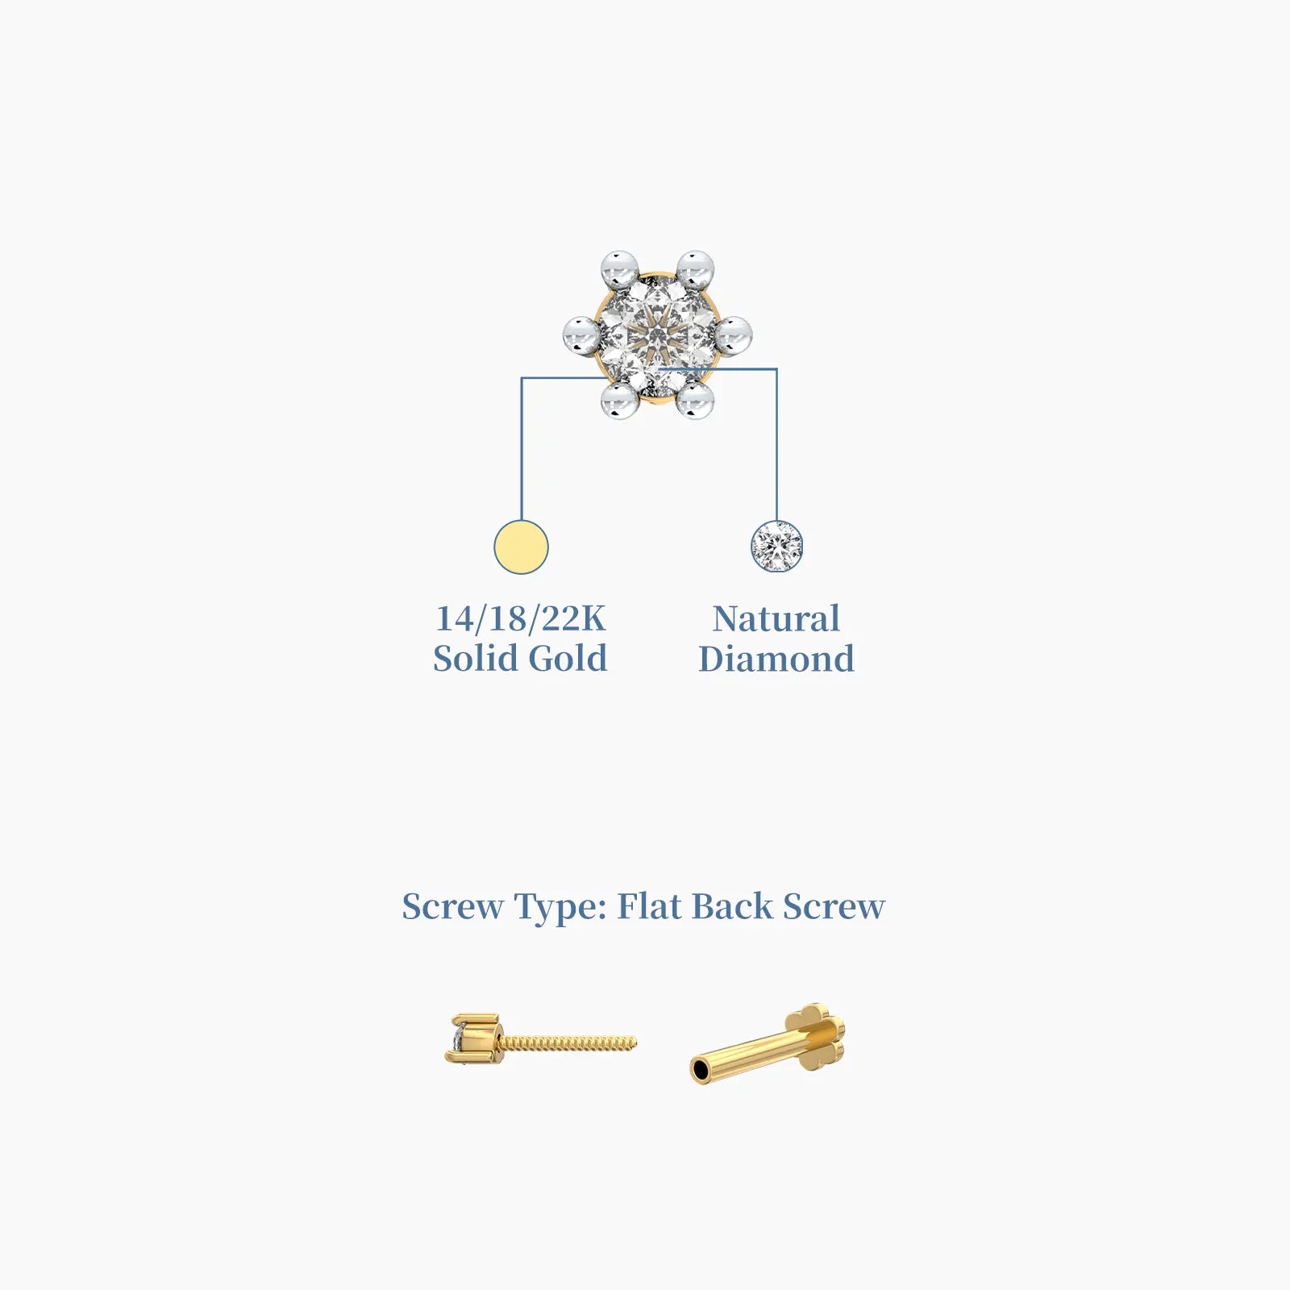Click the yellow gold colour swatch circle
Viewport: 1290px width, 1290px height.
point(521,547)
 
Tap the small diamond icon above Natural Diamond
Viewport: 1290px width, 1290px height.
point(776,547)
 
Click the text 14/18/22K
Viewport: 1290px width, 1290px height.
point(520,619)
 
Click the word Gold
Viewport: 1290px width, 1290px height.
point(568,659)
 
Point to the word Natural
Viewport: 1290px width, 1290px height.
point(776,619)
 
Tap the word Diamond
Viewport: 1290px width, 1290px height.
point(776,659)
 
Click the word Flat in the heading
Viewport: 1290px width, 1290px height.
point(648,906)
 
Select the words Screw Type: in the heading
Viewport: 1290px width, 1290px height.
point(504,906)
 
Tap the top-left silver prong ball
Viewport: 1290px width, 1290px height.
point(619,271)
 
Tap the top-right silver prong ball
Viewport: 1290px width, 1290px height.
point(694,270)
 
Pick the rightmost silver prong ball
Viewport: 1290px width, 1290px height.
point(733,335)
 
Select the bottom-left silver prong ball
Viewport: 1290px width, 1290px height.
point(620,400)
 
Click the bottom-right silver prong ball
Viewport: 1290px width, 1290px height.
point(694,400)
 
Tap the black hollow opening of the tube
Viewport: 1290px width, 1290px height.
point(701,1071)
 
